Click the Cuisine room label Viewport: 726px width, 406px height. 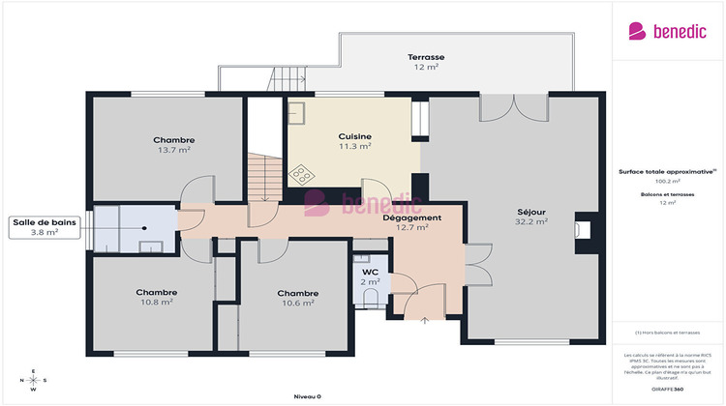coord(354,136)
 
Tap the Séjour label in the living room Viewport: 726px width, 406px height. coord(531,210)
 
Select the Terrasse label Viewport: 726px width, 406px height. coord(425,57)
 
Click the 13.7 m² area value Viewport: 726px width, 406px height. coord(173,151)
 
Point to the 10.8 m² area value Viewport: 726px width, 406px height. coord(156,303)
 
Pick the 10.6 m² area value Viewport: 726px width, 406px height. coord(297,303)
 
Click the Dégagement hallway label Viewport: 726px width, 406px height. coord(411,217)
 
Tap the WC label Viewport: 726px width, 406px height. coord(370,272)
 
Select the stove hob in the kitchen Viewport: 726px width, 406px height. coord(302,174)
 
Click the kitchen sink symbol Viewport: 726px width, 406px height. coord(296,111)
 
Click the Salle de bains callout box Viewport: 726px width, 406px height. coord(45,226)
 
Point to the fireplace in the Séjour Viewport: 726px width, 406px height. coord(582,230)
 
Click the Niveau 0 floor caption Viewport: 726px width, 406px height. coord(307,396)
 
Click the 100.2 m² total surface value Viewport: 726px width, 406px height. coord(668,181)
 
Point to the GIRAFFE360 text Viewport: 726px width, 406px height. coord(668,388)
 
